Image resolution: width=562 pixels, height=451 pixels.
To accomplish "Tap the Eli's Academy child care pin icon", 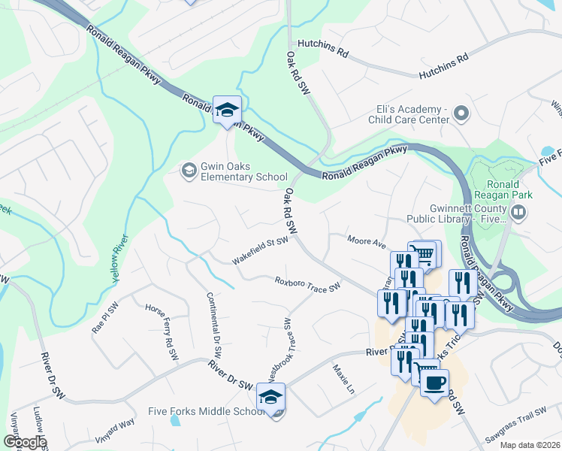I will click(x=461, y=114).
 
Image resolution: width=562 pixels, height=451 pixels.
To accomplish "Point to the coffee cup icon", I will click(x=434, y=383).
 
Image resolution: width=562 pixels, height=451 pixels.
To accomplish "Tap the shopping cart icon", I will click(x=425, y=254).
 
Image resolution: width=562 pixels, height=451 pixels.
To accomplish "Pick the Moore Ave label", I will click(x=366, y=241).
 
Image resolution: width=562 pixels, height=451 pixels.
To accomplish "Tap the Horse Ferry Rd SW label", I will click(x=163, y=325).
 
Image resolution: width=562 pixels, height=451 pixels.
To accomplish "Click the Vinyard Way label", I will click(x=114, y=431).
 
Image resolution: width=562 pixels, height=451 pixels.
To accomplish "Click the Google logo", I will click(x=25, y=442).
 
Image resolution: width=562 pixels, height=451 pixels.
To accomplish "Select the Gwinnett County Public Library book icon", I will click(x=517, y=213).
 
